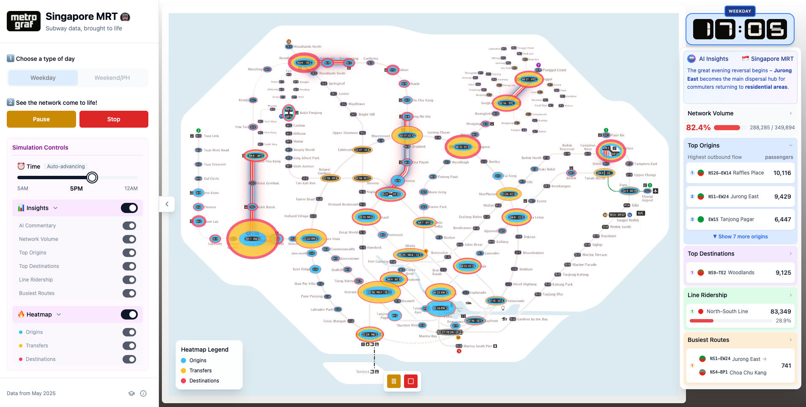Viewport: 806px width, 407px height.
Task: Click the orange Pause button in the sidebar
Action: (41, 119)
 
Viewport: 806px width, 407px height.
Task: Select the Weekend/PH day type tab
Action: (112, 78)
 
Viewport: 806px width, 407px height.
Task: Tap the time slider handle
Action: (92, 178)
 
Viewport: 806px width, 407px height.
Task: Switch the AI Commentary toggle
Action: (129, 226)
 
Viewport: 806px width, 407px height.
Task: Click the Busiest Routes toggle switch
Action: (129, 293)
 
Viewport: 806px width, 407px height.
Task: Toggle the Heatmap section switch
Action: (129, 314)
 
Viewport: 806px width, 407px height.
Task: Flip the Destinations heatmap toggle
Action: (129, 359)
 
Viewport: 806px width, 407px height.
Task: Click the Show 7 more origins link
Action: (740, 237)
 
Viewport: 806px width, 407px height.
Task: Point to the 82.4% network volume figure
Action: (698, 128)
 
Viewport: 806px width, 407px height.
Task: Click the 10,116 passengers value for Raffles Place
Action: (782, 173)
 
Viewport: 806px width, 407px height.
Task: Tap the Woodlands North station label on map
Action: (307, 47)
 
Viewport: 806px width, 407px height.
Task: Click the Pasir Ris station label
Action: (617, 135)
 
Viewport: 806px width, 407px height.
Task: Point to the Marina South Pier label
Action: (478, 346)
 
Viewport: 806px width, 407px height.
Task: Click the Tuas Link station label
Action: (211, 136)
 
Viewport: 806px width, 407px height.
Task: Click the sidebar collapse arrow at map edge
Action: (167, 204)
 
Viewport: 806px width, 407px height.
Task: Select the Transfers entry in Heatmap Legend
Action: (200, 371)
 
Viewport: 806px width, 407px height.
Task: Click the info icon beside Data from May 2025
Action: (143, 393)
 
